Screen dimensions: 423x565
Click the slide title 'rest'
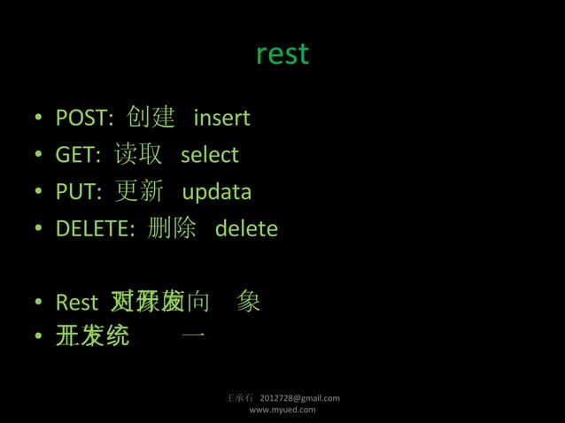tap(282, 54)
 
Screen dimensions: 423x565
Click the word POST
tap(81, 118)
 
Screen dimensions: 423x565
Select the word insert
tap(221, 118)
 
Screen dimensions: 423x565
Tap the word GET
tap(75, 155)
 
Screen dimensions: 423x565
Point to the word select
tap(210, 155)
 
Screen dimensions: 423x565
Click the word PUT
tap(76, 192)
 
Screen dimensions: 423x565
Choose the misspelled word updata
tap(216, 192)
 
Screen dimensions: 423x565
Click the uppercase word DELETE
tap(93, 229)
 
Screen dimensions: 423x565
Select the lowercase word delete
tap(246, 229)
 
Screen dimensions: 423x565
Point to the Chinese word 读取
tap(138, 155)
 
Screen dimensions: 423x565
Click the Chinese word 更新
tap(139, 192)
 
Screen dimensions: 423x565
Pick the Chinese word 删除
tap(172, 229)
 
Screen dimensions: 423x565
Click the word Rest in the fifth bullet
tap(76, 303)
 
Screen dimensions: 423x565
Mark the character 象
tap(249, 303)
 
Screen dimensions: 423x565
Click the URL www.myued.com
tap(282, 410)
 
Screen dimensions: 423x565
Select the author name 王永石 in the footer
tap(242, 398)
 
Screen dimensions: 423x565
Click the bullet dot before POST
tap(40, 119)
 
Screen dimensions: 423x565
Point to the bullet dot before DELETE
tap(40, 230)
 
